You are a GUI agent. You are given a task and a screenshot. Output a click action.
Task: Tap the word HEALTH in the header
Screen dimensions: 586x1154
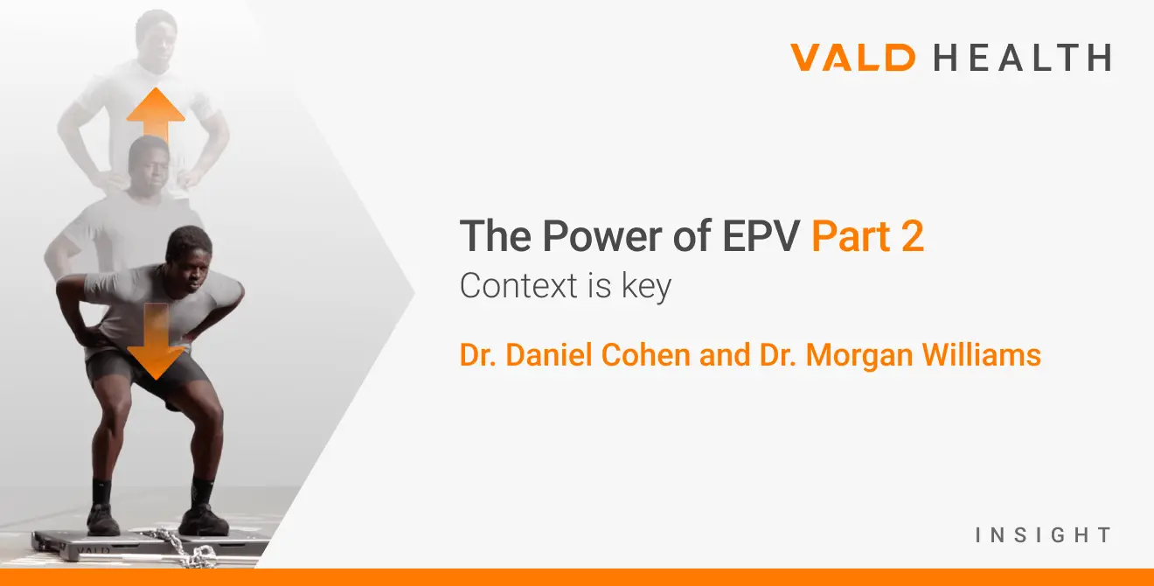point(1022,59)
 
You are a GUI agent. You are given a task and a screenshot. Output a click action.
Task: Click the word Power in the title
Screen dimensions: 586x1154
point(584,236)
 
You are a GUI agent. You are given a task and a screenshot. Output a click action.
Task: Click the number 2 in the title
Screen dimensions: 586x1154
point(912,236)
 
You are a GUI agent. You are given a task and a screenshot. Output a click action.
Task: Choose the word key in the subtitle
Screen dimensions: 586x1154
point(646,288)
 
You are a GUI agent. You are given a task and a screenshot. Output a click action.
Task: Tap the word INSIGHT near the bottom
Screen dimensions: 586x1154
point(1043,534)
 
